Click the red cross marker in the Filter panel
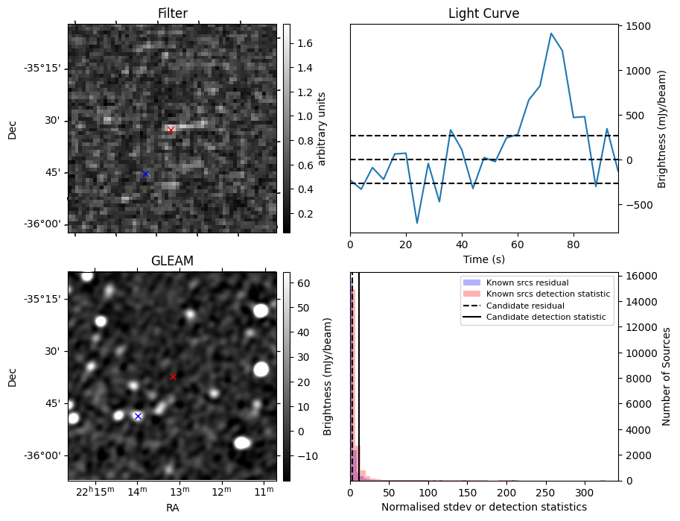(171, 130)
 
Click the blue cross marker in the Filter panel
(145, 174)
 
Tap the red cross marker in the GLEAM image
(173, 376)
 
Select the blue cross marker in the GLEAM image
(138, 416)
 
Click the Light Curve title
(483, 13)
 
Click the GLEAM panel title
(172, 261)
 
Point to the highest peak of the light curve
(551, 34)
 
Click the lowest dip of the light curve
(417, 223)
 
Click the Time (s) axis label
(483, 259)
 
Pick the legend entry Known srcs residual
(527, 283)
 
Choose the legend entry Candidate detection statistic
(545, 318)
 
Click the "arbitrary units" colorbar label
(322, 128)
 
